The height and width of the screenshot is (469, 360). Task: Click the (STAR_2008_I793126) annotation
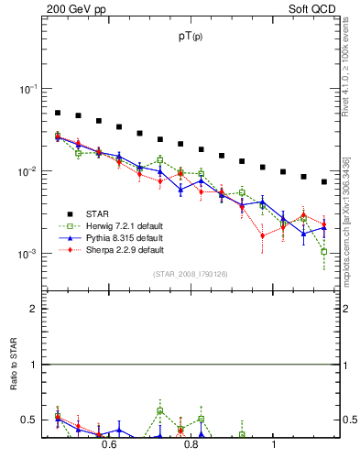pos(191,273)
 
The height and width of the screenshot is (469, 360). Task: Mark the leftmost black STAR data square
pos(57,113)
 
